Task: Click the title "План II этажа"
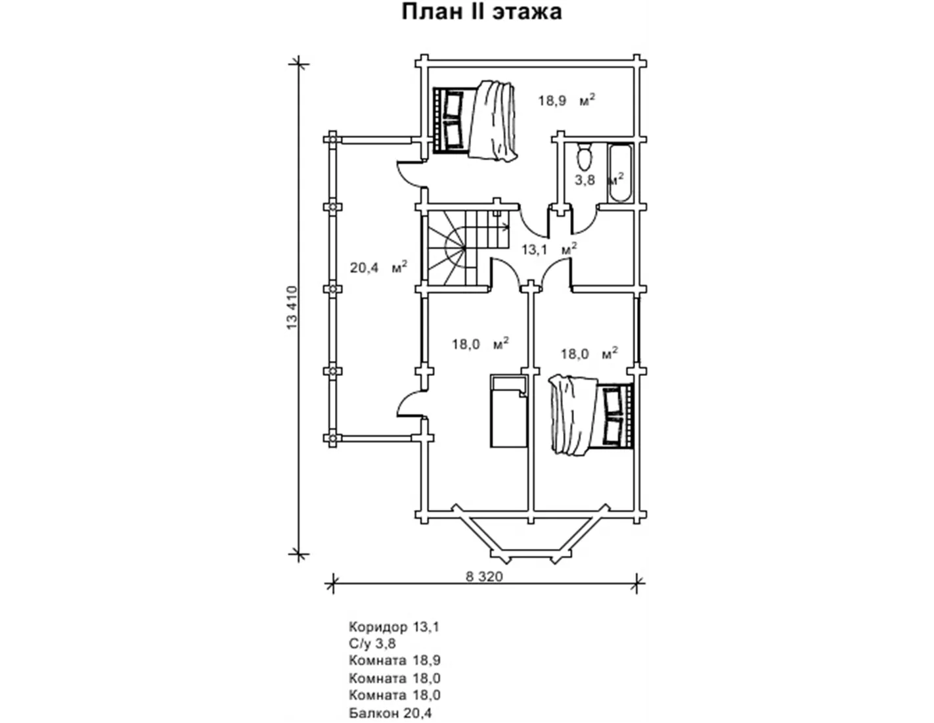[x=481, y=12]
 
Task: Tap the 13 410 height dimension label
[x=292, y=308]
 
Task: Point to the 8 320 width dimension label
[x=484, y=577]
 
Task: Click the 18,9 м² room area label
[x=566, y=100]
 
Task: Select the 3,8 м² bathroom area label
[x=599, y=179]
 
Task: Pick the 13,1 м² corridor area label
[x=549, y=248]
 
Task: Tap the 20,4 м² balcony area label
[x=378, y=267]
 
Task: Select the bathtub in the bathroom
[x=619, y=173]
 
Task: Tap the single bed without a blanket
[x=509, y=411]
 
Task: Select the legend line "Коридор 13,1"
[x=393, y=627]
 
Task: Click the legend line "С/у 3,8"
[x=372, y=643]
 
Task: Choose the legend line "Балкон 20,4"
[x=390, y=713]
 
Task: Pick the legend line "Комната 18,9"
[x=395, y=660]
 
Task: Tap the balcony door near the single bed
[x=411, y=401]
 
